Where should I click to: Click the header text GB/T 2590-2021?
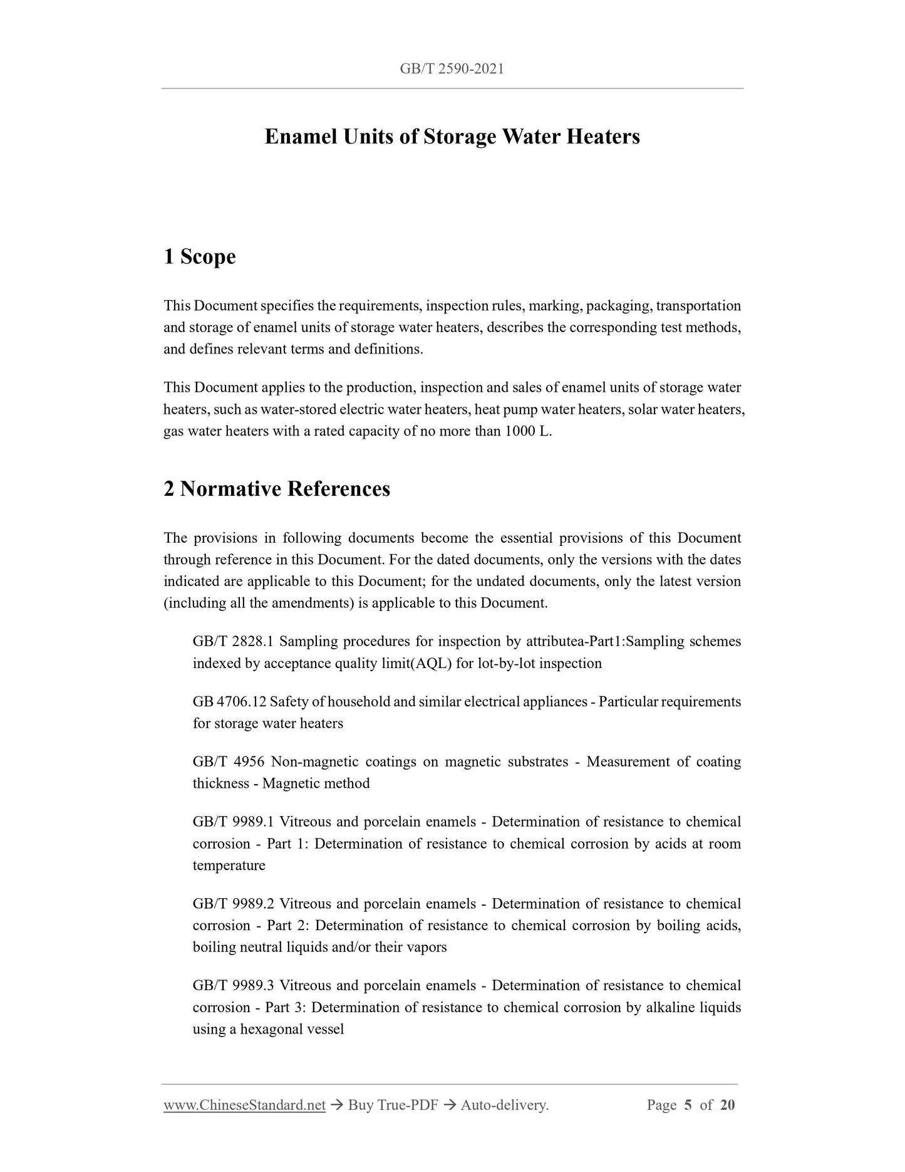click(x=452, y=69)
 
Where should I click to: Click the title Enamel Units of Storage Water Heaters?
click(x=452, y=137)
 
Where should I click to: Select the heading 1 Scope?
click(x=200, y=256)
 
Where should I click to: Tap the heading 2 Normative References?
click(x=277, y=489)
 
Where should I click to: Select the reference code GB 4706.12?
click(x=229, y=701)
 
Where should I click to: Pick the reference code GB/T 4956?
click(x=229, y=761)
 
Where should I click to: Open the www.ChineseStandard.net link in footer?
click(x=244, y=1106)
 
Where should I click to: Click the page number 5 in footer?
click(x=688, y=1105)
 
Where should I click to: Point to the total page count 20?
click(x=727, y=1105)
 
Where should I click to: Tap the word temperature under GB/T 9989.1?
click(x=229, y=866)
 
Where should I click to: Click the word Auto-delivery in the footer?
click(x=504, y=1106)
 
